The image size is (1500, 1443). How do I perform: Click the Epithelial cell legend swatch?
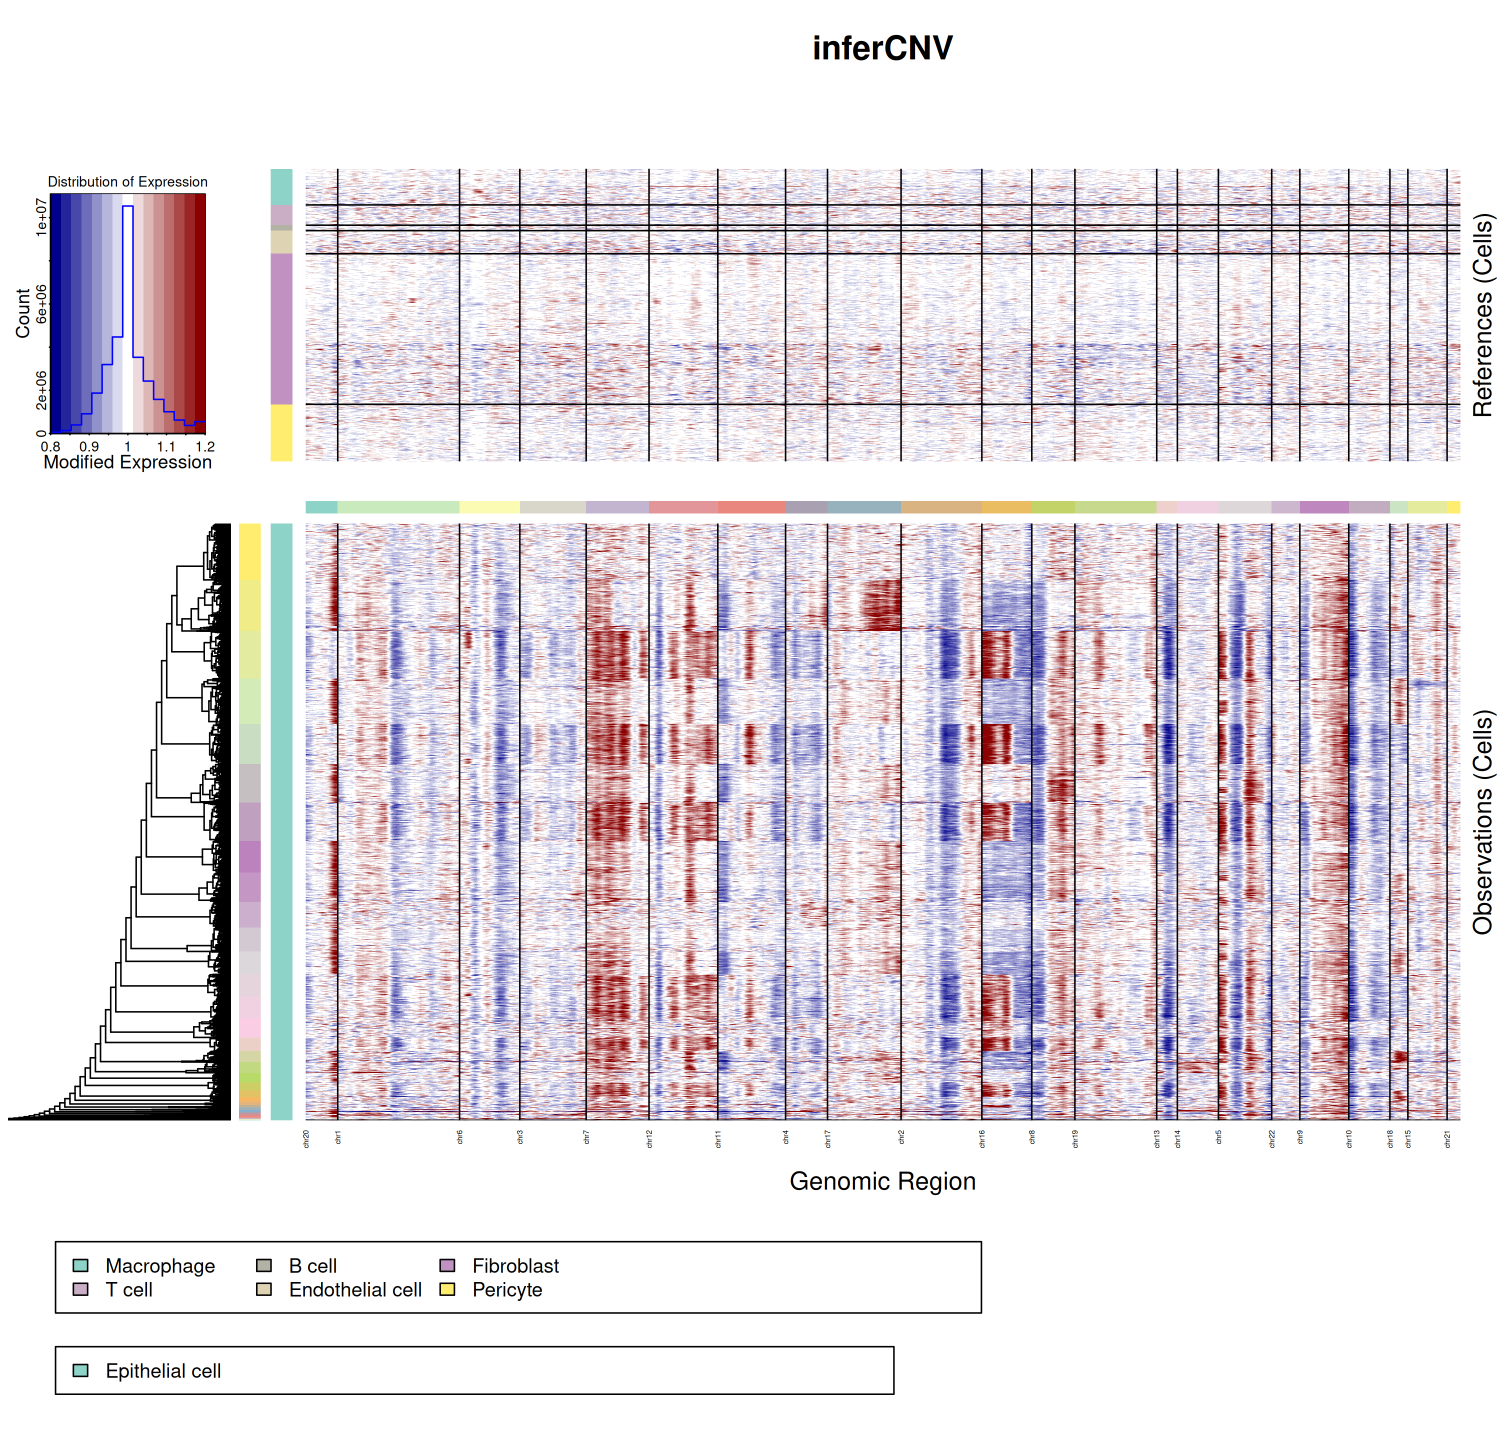tap(80, 1370)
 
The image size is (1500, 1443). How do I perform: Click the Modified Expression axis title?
tap(127, 462)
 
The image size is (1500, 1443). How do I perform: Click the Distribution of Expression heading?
tap(127, 182)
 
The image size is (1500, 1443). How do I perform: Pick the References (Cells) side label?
tap(1482, 314)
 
